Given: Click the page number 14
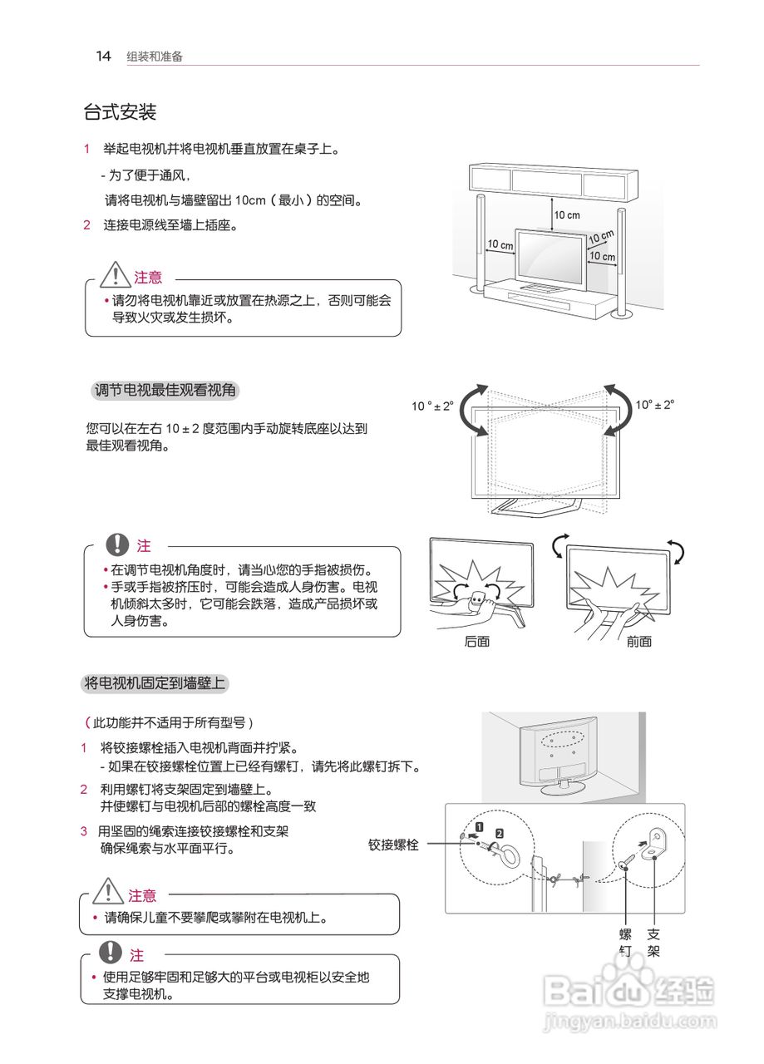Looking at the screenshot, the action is [x=103, y=56].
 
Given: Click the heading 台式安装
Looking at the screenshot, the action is [x=120, y=111].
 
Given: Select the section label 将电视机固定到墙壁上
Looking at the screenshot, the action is [x=155, y=683].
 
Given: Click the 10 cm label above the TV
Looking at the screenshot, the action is [x=567, y=215].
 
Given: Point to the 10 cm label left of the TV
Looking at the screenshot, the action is [x=500, y=244].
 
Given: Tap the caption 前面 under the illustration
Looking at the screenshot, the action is [x=638, y=641].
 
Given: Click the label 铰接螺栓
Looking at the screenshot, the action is [x=393, y=845].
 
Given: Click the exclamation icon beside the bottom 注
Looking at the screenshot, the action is [x=110, y=953].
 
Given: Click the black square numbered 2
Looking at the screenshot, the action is [x=499, y=832].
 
